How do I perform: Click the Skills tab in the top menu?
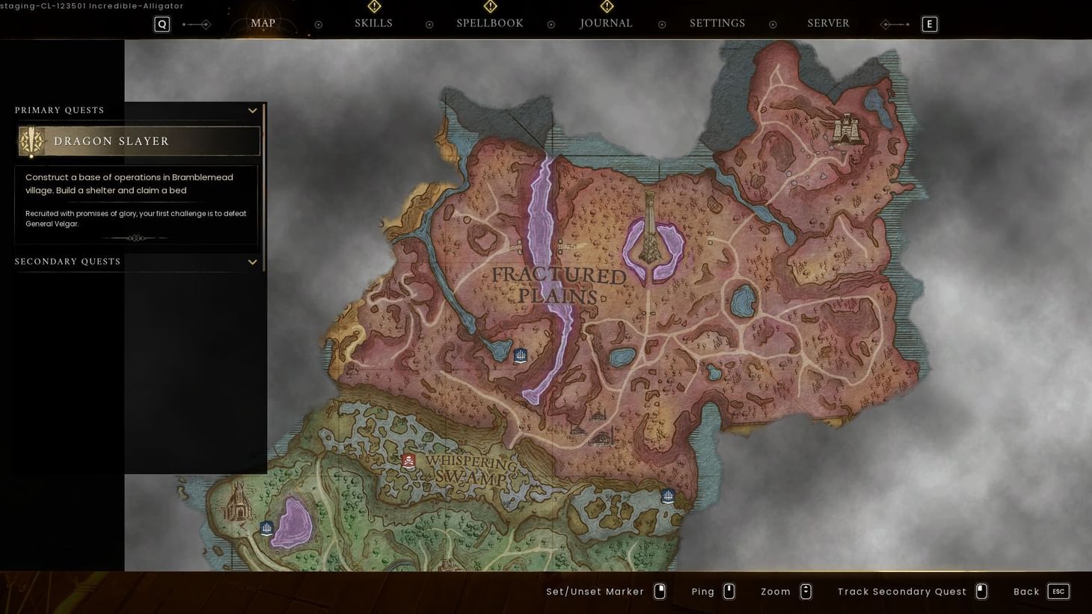tap(373, 23)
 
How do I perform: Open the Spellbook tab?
tap(490, 23)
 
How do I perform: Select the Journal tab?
tap(606, 23)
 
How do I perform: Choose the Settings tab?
tap(717, 23)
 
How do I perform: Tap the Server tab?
tap(828, 23)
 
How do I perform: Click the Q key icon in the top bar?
tap(162, 25)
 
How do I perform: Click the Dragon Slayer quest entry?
tap(139, 141)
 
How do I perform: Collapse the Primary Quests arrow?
tap(253, 111)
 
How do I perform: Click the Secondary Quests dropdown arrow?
tap(253, 262)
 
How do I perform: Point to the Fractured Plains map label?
tap(559, 286)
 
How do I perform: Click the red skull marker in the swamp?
tap(408, 461)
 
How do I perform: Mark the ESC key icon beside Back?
tap(1058, 592)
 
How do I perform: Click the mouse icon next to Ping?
tap(729, 592)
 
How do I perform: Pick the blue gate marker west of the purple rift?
tap(521, 355)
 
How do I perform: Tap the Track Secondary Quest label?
tap(902, 592)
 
